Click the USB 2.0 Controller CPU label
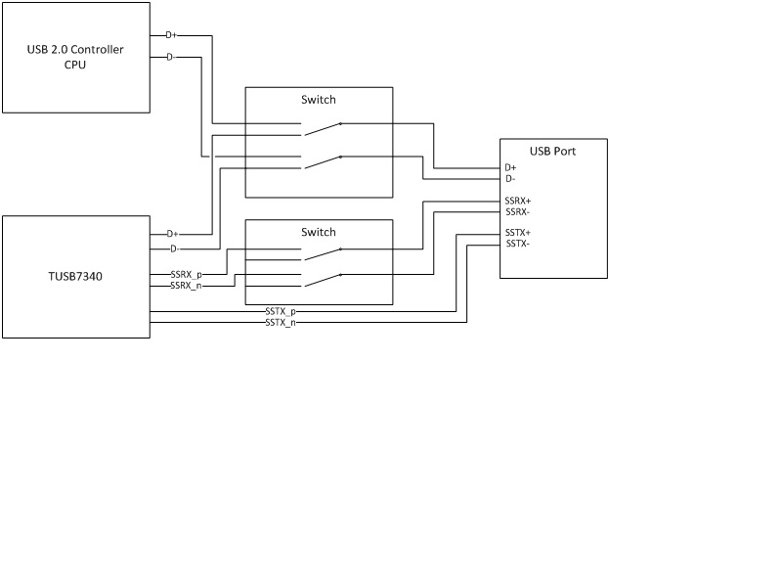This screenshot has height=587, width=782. [74, 57]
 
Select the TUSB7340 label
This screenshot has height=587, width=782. [75, 277]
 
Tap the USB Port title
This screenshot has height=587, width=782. [552, 152]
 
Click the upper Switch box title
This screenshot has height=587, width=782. [318, 100]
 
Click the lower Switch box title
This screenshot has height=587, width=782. [318, 232]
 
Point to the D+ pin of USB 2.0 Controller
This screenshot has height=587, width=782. [171, 36]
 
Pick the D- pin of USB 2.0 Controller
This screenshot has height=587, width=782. [170, 58]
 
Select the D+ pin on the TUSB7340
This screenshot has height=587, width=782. [171, 234]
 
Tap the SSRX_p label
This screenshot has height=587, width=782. [186, 275]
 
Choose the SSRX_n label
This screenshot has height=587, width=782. [186, 286]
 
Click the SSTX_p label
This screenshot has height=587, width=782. [281, 311]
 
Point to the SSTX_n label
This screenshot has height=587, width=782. [281, 322]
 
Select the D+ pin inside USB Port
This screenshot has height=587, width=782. [510, 168]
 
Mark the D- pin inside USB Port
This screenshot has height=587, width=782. [509, 179]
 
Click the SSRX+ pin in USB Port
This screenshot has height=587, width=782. [517, 201]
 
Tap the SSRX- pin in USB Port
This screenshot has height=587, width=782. [517, 211]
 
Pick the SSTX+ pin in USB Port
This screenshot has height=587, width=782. [517, 233]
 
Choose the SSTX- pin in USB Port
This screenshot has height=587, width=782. [517, 244]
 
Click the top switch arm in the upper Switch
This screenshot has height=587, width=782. [321, 128]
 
